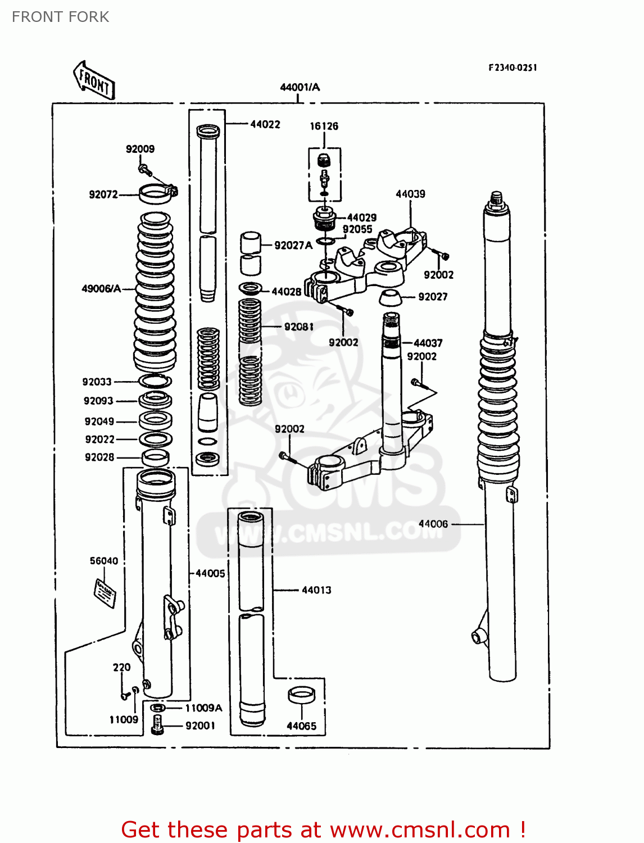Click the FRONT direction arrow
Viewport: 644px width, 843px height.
click(x=94, y=81)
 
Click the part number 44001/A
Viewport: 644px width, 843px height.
click(x=300, y=87)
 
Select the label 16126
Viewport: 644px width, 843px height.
click(x=324, y=126)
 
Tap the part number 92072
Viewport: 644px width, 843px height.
click(x=103, y=194)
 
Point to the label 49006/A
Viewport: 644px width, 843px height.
click(x=101, y=289)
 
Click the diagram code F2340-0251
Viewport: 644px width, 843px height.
click(x=513, y=67)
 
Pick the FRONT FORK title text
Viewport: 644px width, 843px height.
click(x=60, y=17)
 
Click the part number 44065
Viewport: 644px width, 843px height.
click(x=301, y=726)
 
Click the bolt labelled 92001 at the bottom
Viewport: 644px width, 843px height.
click(x=157, y=725)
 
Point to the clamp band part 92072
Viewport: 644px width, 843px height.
click(x=157, y=194)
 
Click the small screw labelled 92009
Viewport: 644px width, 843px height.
click(x=144, y=167)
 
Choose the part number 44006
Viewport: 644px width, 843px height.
click(x=433, y=524)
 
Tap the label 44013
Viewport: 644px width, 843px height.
click(x=316, y=590)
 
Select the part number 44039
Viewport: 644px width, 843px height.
click(x=410, y=194)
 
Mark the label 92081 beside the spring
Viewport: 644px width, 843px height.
click(x=298, y=327)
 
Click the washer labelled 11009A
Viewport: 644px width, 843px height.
click(x=158, y=708)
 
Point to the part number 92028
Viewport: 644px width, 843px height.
click(x=99, y=457)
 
